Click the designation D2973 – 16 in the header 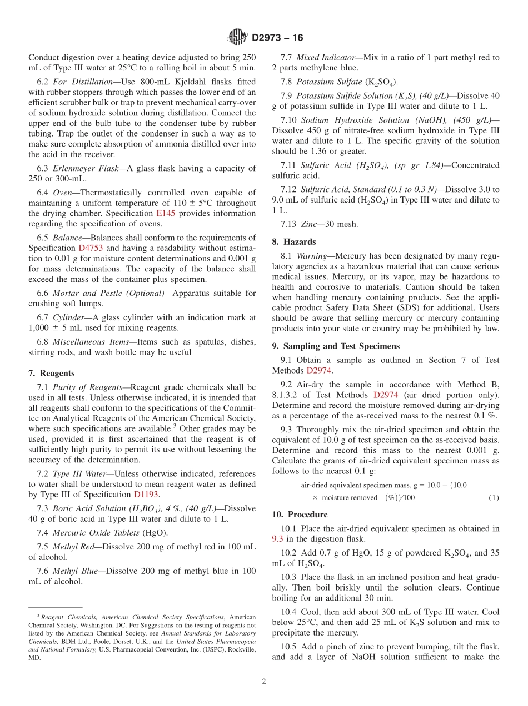(x=277, y=38)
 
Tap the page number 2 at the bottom (x=264, y=681)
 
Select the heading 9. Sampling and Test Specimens (x=336, y=346)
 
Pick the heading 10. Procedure (x=300, y=514)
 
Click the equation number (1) (x=494, y=498)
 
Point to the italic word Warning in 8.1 (x=311, y=256)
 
